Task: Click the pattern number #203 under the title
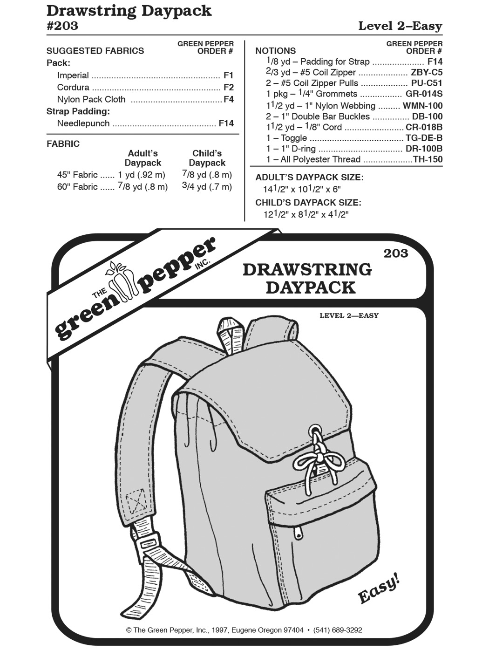point(62,26)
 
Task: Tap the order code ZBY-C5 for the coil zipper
point(427,72)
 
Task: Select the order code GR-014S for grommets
point(424,94)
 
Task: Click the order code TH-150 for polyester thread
point(428,159)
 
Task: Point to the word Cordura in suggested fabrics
point(73,87)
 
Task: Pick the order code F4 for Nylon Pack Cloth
point(228,99)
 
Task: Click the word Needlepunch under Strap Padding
point(83,123)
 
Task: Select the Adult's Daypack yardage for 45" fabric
point(142,175)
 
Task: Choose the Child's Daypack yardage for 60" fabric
point(207,187)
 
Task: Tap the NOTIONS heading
point(276,51)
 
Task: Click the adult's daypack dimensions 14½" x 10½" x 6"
point(302,189)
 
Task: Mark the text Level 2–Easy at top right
point(400,26)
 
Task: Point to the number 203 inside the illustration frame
point(396,253)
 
